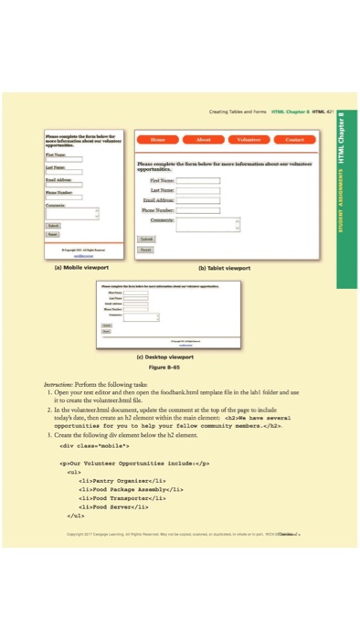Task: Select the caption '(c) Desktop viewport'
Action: point(173,353)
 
